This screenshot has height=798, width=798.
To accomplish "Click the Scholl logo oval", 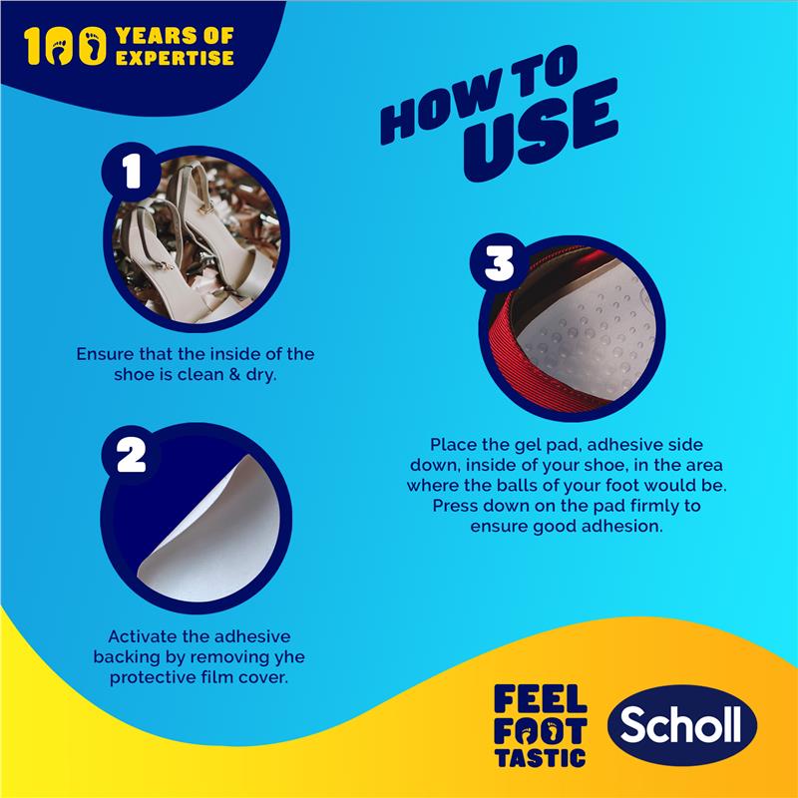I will click(x=683, y=725).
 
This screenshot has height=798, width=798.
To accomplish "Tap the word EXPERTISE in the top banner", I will click(x=175, y=57).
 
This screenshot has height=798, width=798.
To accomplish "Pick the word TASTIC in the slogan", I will click(x=540, y=756).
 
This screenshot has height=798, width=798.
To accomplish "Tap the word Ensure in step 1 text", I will click(x=103, y=353).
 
